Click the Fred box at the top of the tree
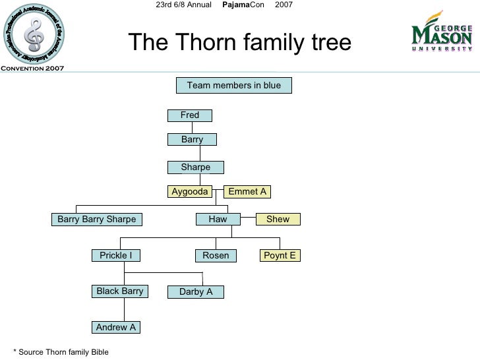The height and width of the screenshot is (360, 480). click(x=190, y=115)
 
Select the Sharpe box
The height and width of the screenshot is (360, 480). click(x=196, y=167)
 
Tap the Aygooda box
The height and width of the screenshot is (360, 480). click(x=190, y=192)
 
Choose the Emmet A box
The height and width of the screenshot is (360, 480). click(x=247, y=192)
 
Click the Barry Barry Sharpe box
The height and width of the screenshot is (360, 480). click(x=97, y=220)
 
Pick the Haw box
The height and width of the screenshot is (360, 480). click(x=218, y=220)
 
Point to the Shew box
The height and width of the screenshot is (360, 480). click(x=278, y=220)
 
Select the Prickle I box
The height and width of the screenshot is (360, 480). click(x=116, y=256)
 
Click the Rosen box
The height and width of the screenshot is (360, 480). click(x=216, y=256)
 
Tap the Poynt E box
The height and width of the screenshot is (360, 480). click(x=280, y=256)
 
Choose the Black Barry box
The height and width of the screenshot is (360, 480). click(x=120, y=291)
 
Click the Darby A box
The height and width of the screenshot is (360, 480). click(x=196, y=292)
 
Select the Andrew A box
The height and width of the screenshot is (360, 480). click(x=116, y=328)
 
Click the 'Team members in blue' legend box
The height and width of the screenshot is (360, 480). click(x=233, y=86)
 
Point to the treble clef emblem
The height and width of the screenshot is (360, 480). click(x=32, y=32)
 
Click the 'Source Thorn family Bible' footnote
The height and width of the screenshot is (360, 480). click(x=61, y=352)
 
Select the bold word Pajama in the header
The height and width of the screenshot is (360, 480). click(x=235, y=5)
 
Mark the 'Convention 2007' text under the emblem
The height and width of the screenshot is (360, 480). click(x=32, y=69)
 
